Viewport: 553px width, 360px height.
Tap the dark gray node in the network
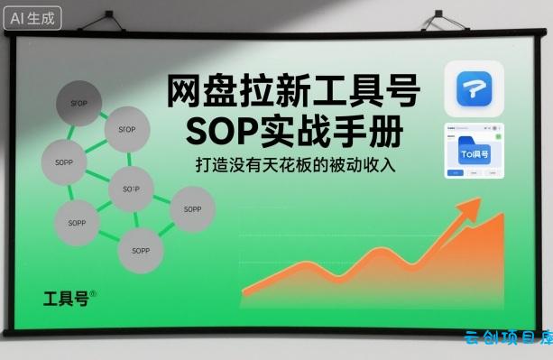pyautogui.click(x=78, y=103)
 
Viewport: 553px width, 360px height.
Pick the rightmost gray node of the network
pyautogui.click(x=192, y=208)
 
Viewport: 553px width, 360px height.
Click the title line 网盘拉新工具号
pyautogui.click(x=293, y=91)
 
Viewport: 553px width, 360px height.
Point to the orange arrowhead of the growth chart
pyautogui.click(x=471, y=209)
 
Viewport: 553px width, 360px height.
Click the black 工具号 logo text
pyautogui.click(x=65, y=299)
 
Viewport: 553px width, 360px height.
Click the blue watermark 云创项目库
pyautogui.click(x=508, y=338)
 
